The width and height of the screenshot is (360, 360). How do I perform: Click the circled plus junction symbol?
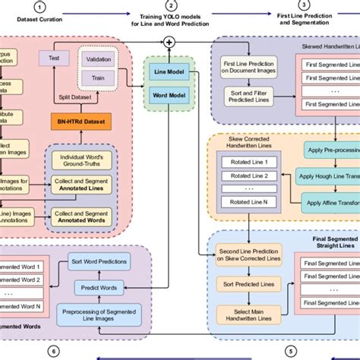pos(169,41)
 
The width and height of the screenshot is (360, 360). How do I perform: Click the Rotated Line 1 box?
pos(245,162)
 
